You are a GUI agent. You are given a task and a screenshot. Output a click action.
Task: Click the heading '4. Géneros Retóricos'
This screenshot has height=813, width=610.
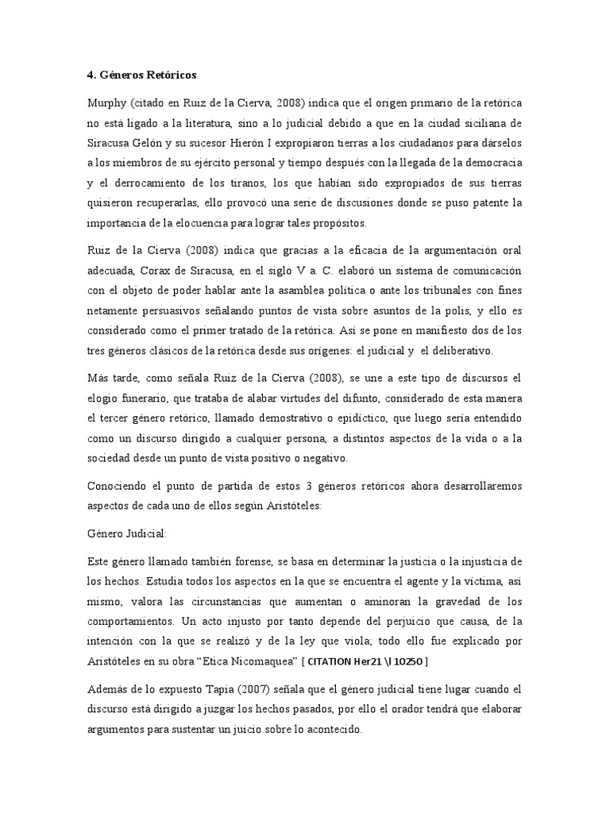pyautogui.click(x=141, y=75)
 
